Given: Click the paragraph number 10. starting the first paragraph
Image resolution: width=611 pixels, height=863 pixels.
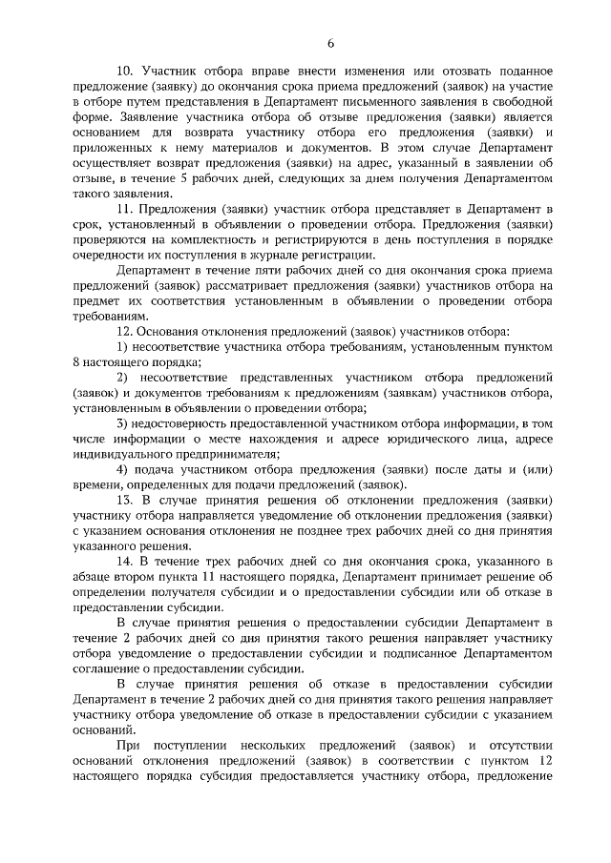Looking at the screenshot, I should point(124,71).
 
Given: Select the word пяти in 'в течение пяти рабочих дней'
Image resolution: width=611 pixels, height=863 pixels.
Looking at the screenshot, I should point(239,272).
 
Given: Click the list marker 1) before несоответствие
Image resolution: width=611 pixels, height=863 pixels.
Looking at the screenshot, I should point(122,345).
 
